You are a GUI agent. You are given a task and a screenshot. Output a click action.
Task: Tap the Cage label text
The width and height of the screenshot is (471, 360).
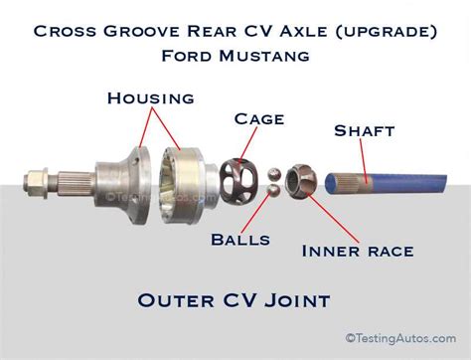click(x=261, y=119)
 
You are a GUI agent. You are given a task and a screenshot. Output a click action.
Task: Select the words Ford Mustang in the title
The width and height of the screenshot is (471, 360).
click(x=235, y=56)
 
